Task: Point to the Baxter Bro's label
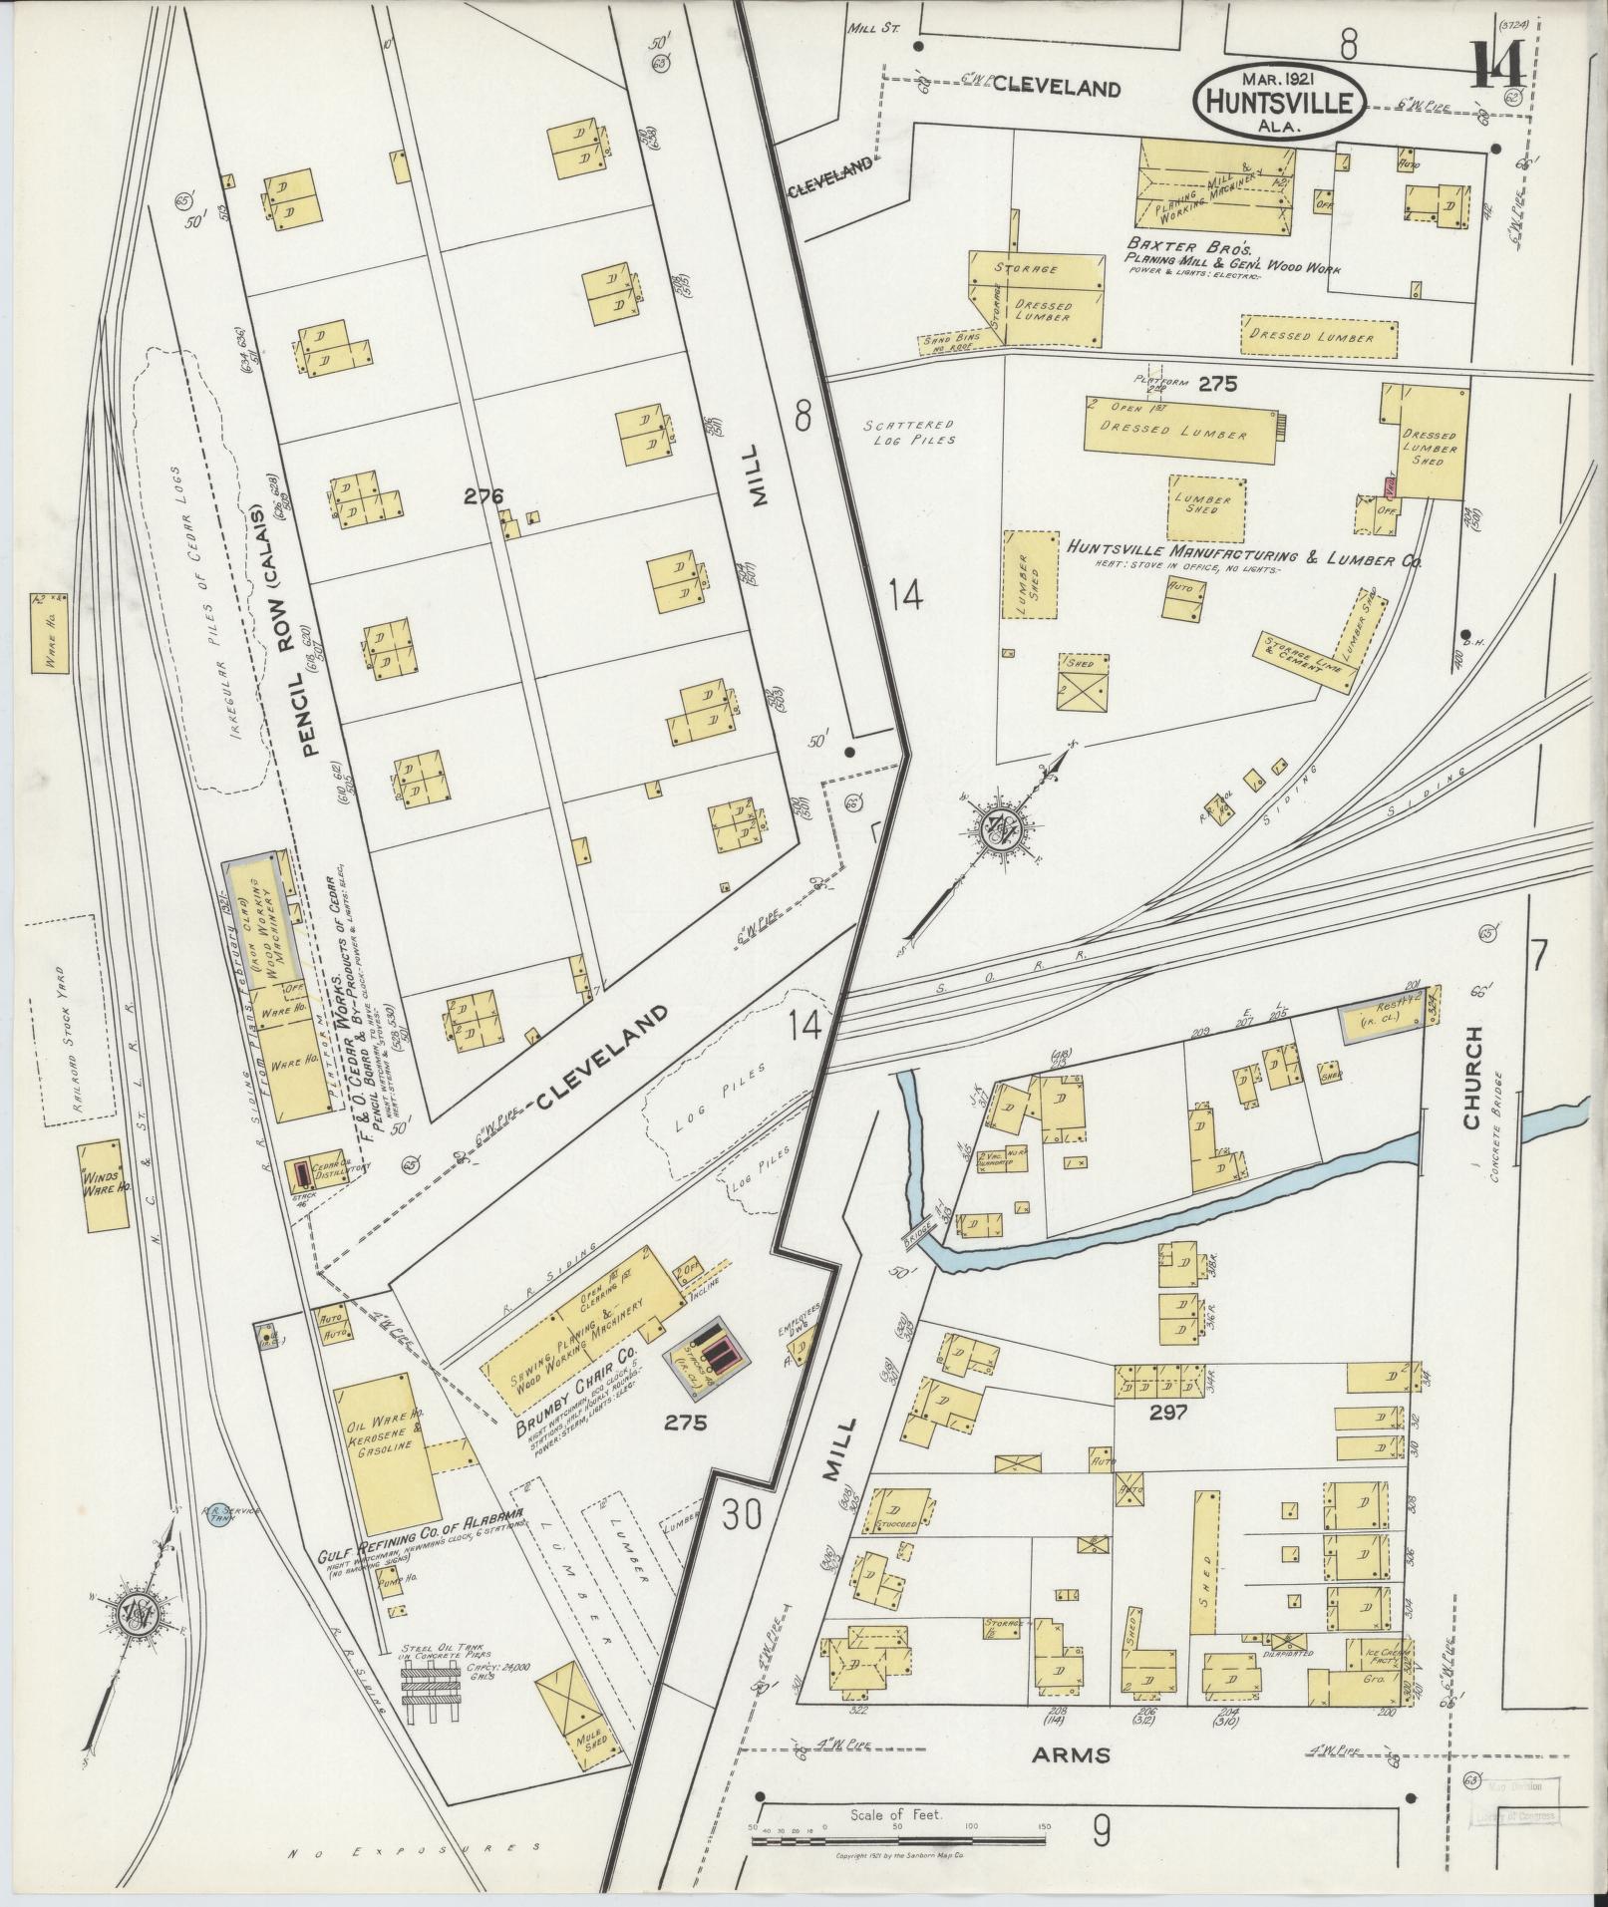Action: (1174, 244)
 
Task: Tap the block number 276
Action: (482, 495)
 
